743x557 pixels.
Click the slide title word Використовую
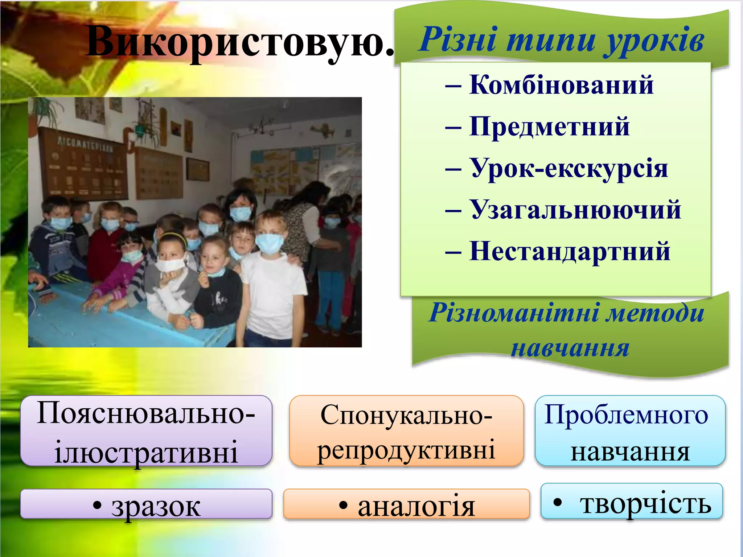coord(239,42)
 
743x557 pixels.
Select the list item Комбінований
coord(561,85)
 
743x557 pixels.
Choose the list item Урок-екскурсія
coord(569,168)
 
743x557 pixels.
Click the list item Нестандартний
coord(570,251)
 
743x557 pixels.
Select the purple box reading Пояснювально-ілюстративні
coord(146,431)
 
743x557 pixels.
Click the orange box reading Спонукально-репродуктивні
coord(406,431)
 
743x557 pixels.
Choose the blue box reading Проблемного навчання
coord(630,431)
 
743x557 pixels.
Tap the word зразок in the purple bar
coord(156,506)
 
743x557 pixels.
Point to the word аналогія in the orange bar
coord(416,506)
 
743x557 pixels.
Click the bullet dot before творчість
coord(558,502)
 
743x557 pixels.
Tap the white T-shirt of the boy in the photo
coord(272,290)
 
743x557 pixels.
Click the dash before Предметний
coord(453,127)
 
